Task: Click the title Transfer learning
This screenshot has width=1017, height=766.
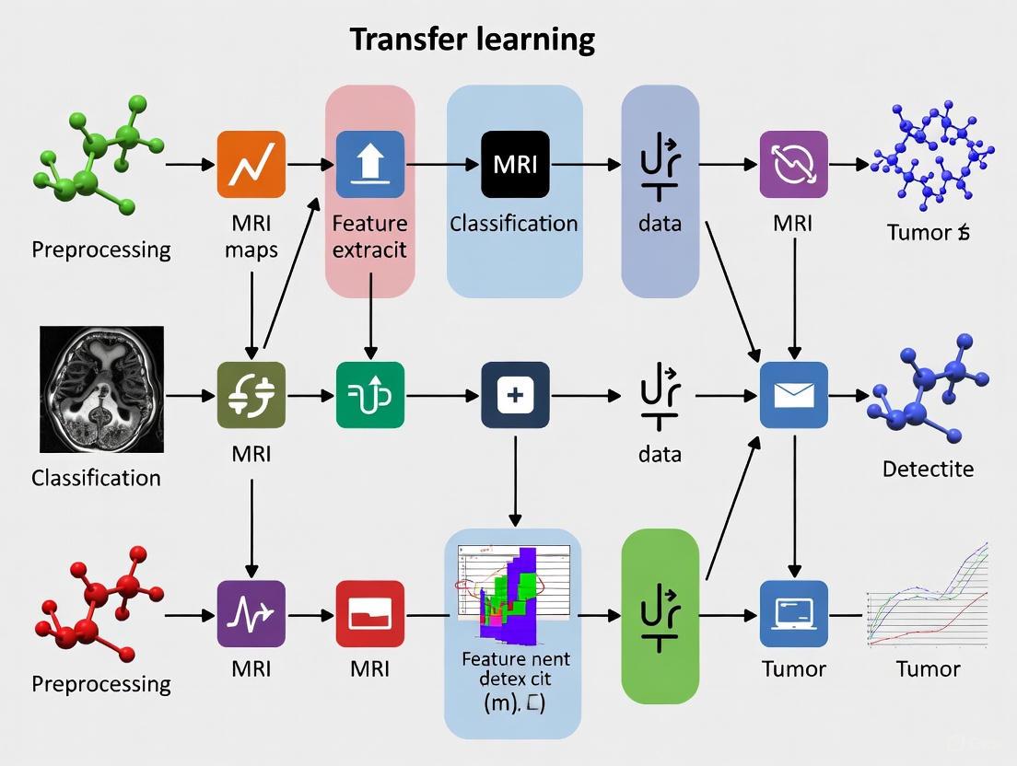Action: [x=472, y=40]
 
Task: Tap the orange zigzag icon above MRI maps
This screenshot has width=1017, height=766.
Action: [x=251, y=165]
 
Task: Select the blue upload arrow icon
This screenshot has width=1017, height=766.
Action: [x=369, y=165]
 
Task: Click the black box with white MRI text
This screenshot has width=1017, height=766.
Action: [x=515, y=165]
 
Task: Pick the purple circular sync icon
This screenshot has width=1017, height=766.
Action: [x=793, y=165]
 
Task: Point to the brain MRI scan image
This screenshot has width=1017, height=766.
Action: [x=102, y=389]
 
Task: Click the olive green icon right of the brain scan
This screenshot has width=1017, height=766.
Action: [x=251, y=395]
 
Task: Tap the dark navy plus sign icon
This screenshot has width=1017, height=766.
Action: [x=515, y=395]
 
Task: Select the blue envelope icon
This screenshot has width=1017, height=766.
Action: [x=793, y=395]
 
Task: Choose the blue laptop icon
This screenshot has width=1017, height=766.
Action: [x=793, y=613]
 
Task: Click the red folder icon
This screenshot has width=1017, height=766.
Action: [x=369, y=613]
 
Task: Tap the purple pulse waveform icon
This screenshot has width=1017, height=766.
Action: [x=251, y=613]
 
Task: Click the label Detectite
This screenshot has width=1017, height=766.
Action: [x=928, y=469]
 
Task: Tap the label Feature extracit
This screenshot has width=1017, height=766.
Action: [x=369, y=237]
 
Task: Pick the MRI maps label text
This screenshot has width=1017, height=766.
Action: [x=251, y=237]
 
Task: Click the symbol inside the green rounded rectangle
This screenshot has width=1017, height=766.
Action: [x=660, y=615]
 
